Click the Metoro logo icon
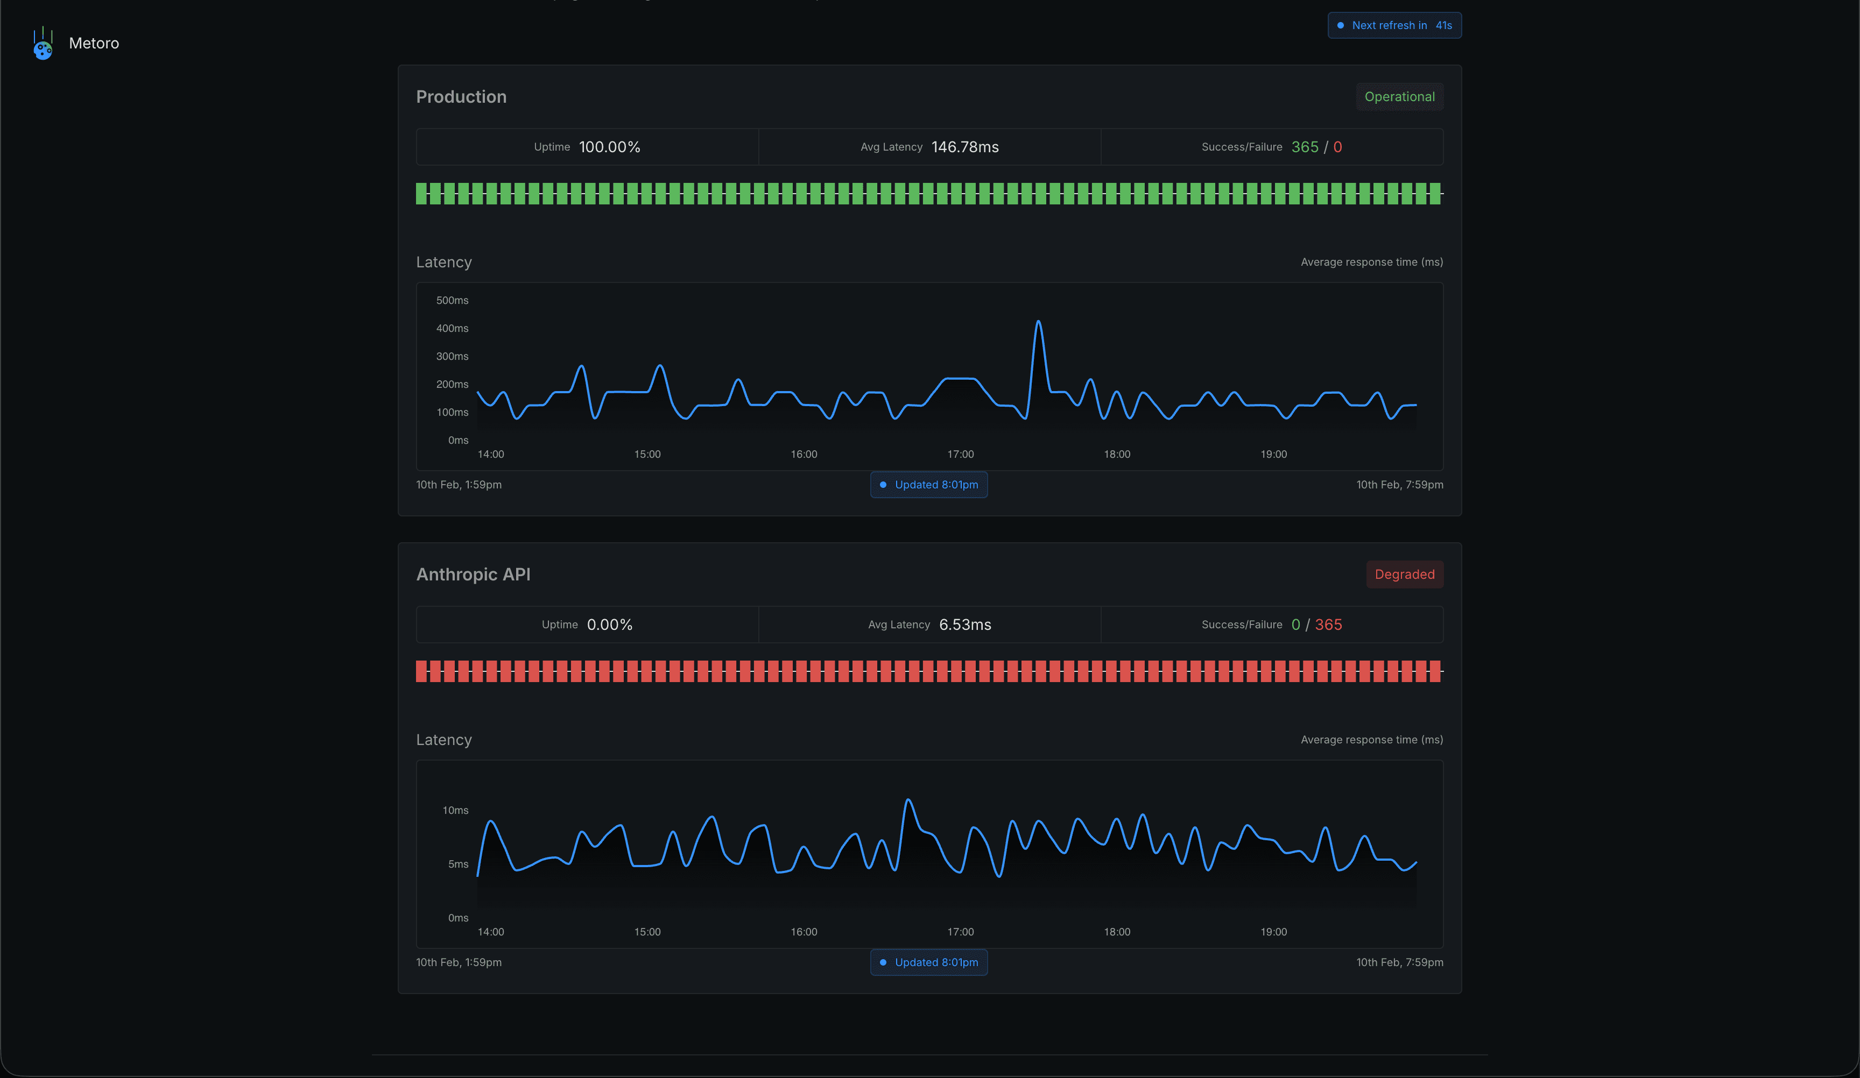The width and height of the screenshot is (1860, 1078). pos(43,44)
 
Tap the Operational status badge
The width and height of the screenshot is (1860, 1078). pos(1399,97)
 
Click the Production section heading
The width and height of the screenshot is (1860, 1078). pos(461,97)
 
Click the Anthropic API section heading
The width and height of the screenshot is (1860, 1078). pos(473,574)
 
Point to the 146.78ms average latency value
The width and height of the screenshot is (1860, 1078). pos(964,147)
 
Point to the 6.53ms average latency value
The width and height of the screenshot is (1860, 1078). pos(964,624)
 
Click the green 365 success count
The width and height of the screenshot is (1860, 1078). pos(1304,147)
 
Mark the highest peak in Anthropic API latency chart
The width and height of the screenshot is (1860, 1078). pos(908,800)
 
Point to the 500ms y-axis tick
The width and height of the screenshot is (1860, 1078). pos(452,300)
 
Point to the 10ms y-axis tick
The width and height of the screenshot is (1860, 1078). pos(455,810)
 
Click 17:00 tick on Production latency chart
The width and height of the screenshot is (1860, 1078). pos(960,454)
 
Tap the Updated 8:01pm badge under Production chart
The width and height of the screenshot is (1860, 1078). pos(928,485)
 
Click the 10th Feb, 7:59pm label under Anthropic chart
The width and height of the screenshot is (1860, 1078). pos(1399,962)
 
